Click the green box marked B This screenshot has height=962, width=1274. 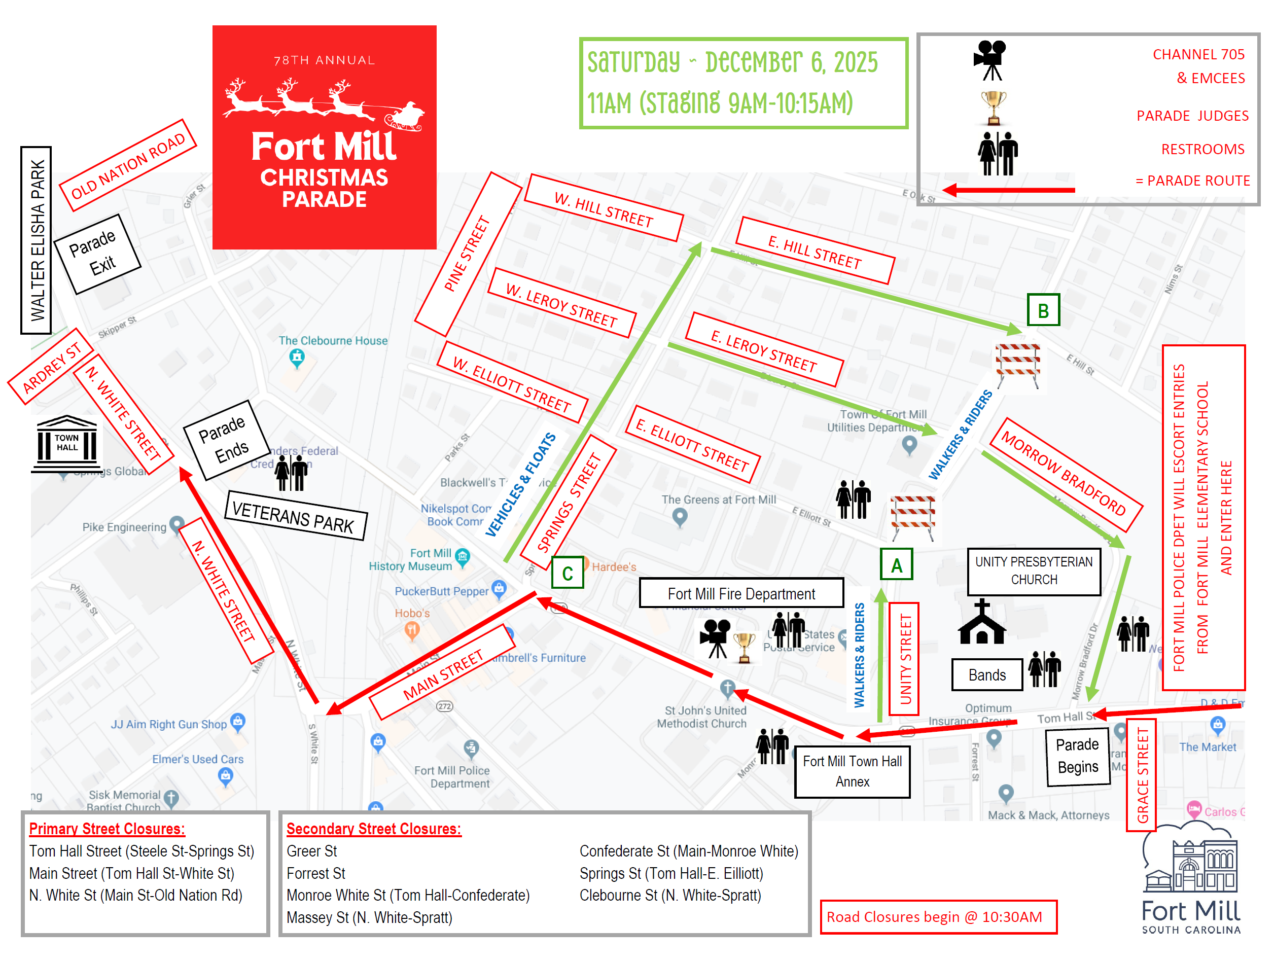pyautogui.click(x=1043, y=310)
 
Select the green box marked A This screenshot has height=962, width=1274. pyautogui.click(x=896, y=564)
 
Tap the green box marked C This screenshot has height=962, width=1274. pyautogui.click(x=568, y=573)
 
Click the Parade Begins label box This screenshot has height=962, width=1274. pyautogui.click(x=1078, y=756)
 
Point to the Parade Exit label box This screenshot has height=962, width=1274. pyautogui.click(x=97, y=254)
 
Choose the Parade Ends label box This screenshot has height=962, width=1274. pyautogui.click(x=226, y=440)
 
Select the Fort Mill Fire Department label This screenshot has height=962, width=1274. pyautogui.click(x=741, y=593)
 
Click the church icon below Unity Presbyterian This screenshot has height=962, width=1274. pyautogui.click(x=982, y=623)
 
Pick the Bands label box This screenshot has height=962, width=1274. pyautogui.click(x=986, y=674)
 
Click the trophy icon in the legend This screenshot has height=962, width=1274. pyautogui.click(x=994, y=108)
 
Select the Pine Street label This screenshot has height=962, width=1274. pyautogui.click(x=468, y=254)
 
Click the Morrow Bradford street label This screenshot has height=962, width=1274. pyautogui.click(x=1066, y=474)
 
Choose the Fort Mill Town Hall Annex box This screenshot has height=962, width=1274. pyautogui.click(x=852, y=771)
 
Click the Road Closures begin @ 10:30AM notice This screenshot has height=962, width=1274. pyautogui.click(x=938, y=916)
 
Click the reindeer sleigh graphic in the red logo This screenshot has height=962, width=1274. pyautogui.click(x=324, y=103)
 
